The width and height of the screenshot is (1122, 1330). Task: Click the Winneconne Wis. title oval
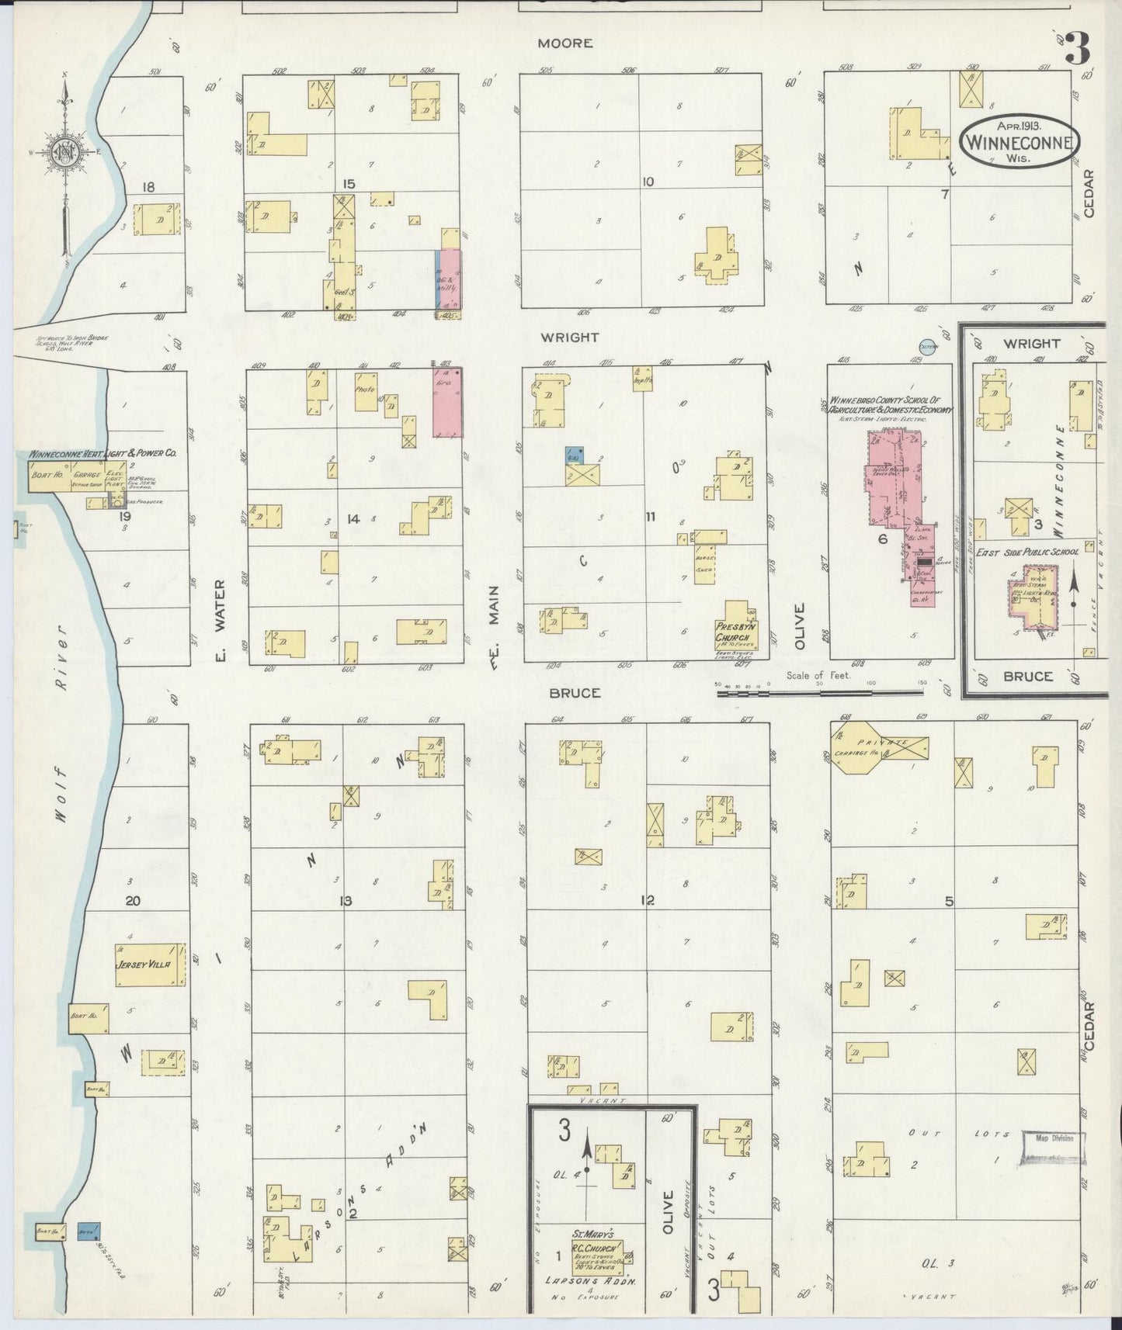point(1020,140)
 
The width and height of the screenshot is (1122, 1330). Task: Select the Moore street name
point(565,43)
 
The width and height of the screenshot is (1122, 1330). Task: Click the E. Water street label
point(220,621)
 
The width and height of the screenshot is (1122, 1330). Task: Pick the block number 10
point(648,182)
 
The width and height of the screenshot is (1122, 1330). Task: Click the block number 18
point(149,186)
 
